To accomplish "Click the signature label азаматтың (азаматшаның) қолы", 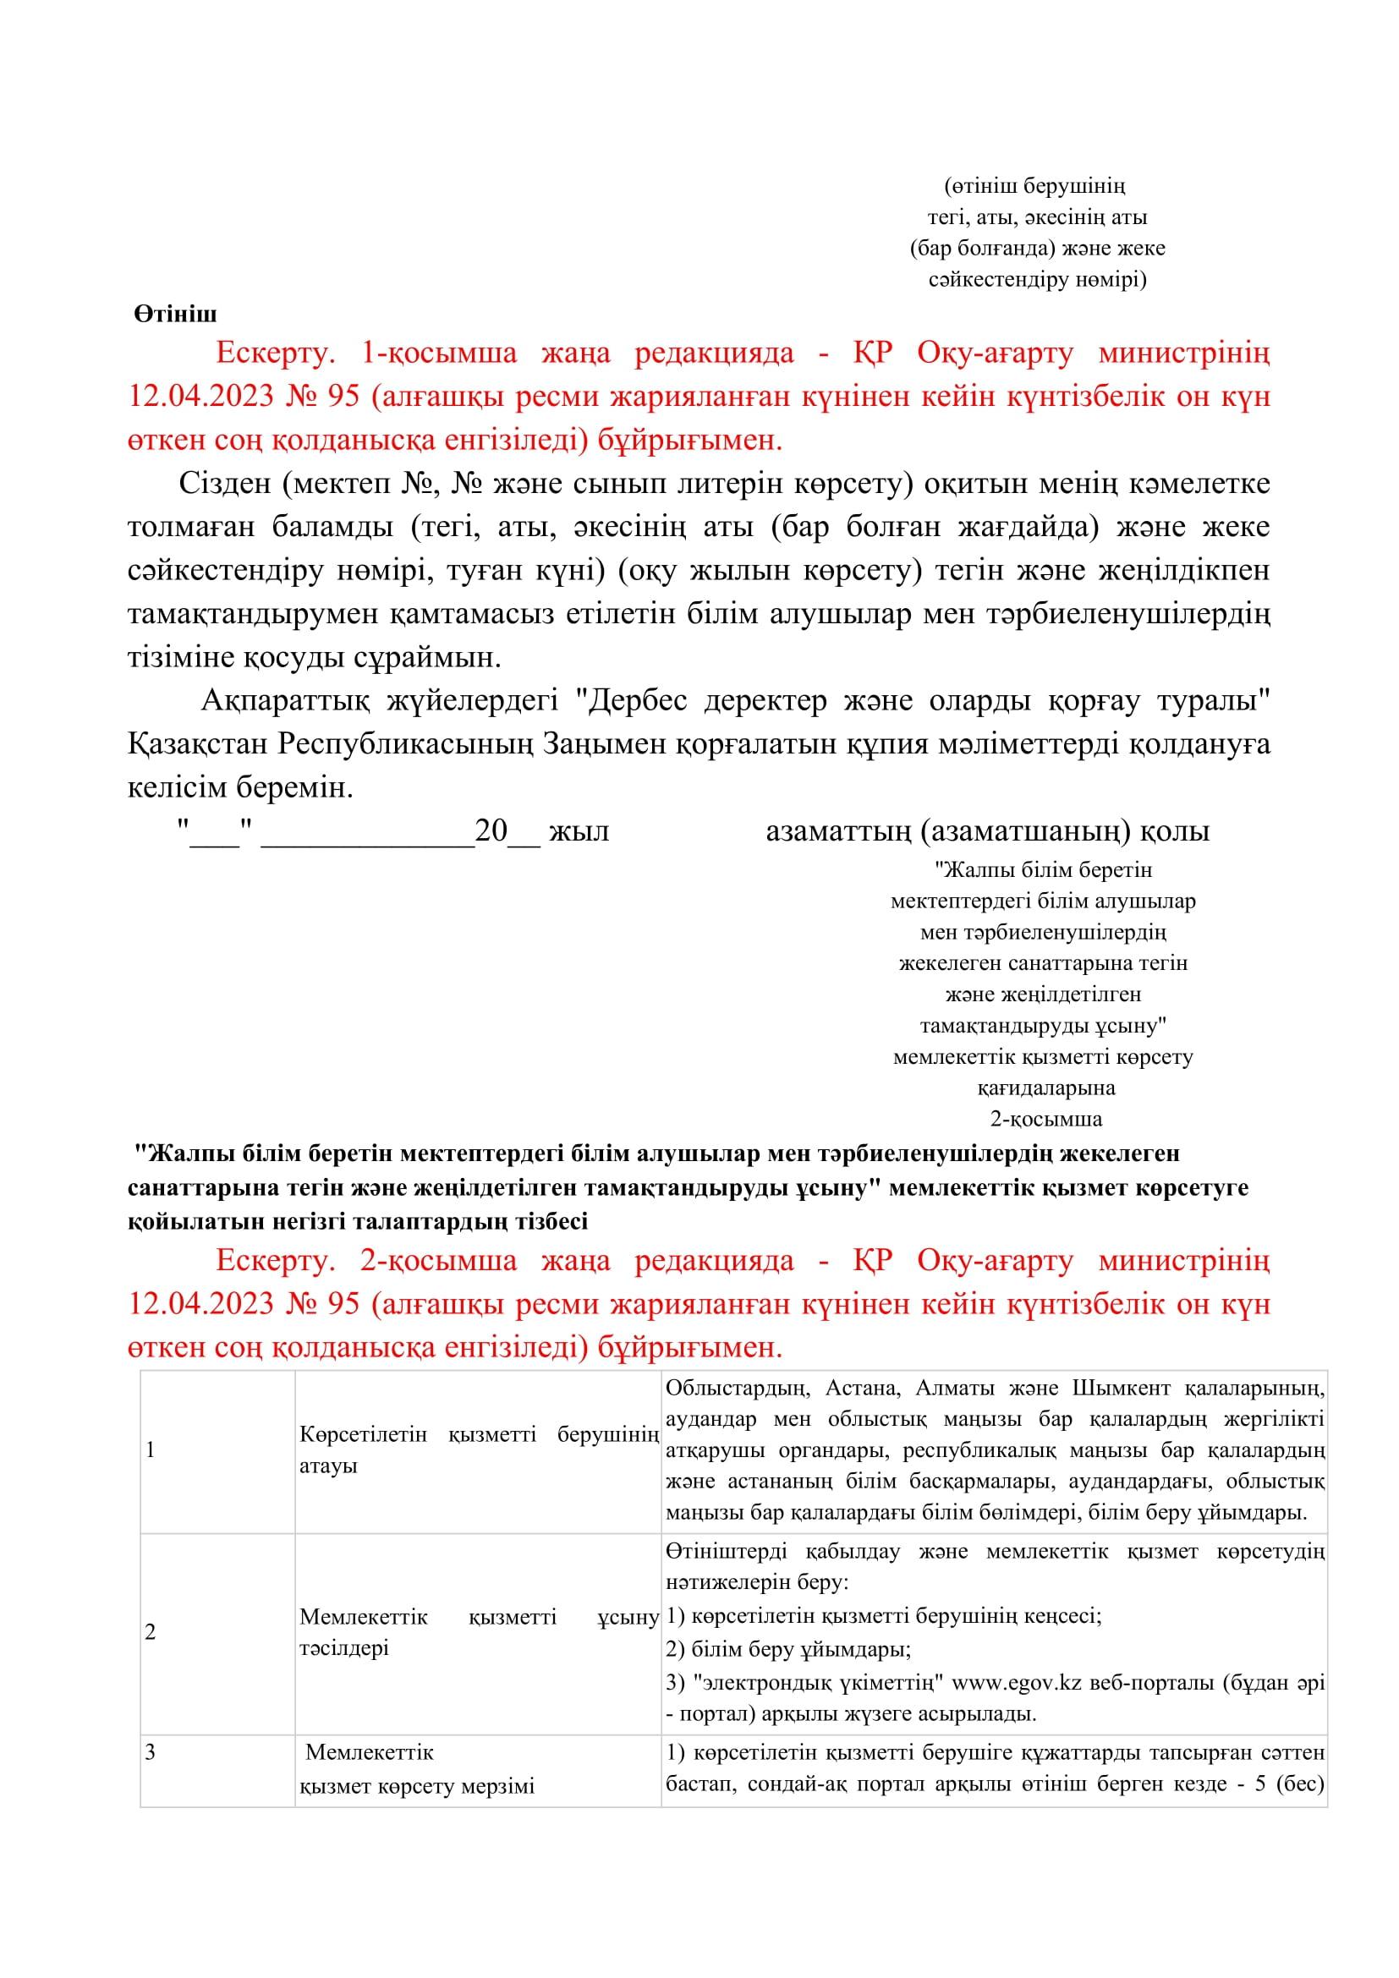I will click(x=987, y=831).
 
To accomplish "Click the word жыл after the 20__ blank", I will click(x=579, y=831).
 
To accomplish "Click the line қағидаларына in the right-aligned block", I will click(x=1045, y=1088).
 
